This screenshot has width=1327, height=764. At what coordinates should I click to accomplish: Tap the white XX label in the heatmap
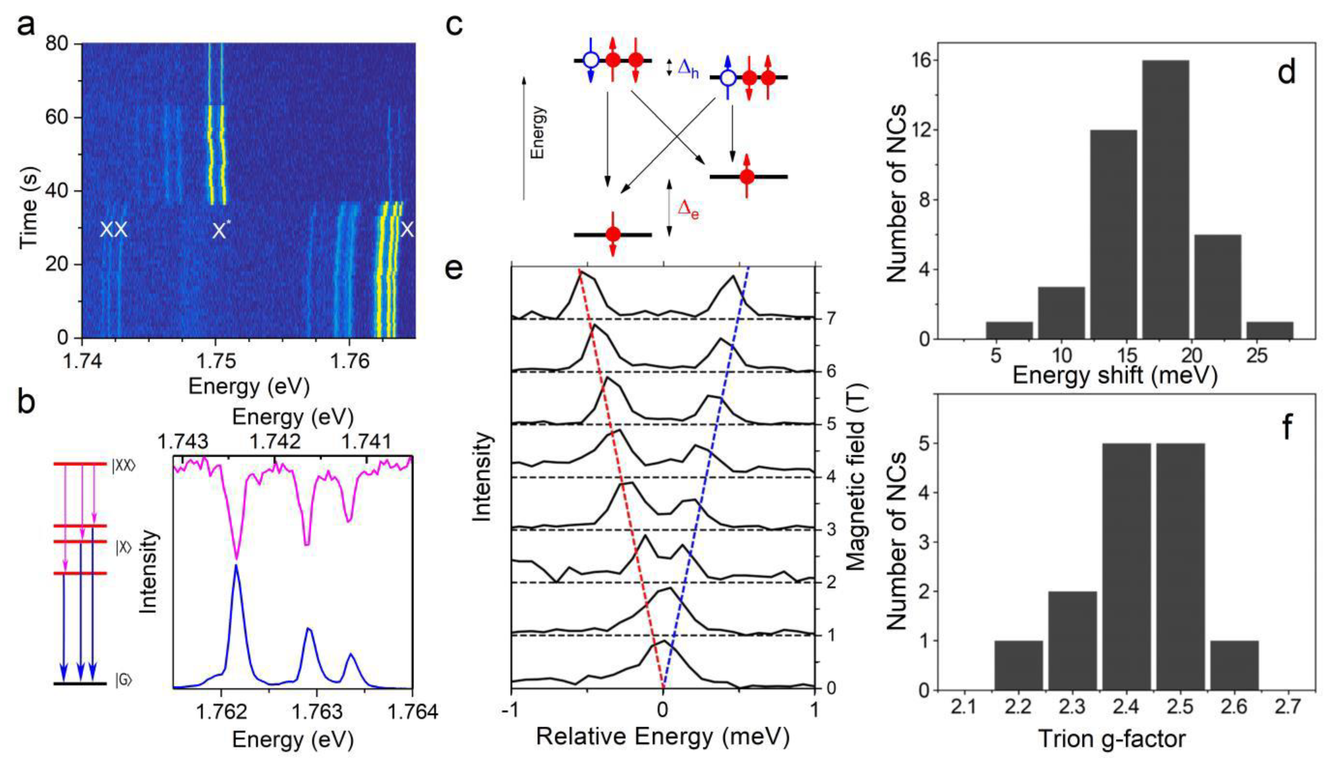click(x=113, y=230)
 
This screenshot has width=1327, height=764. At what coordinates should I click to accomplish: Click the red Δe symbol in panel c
click(x=688, y=211)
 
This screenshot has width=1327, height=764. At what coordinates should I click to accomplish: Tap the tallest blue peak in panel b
click(x=236, y=567)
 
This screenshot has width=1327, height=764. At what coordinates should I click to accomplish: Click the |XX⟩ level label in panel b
click(x=124, y=465)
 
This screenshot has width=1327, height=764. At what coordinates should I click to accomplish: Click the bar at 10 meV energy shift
click(x=1061, y=313)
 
